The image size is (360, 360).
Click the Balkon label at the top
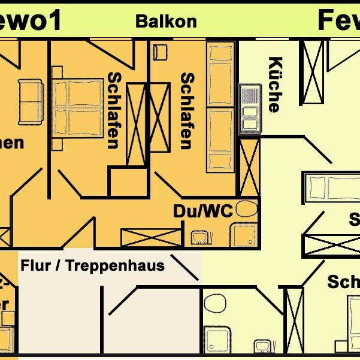point(166,21)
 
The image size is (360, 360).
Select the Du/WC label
point(202,211)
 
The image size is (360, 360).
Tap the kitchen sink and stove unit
point(249,109)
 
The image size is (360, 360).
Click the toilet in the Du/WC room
point(246,210)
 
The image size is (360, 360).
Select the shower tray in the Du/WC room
point(244,234)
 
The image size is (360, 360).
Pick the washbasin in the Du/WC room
point(199,238)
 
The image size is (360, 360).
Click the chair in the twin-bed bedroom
point(159,52)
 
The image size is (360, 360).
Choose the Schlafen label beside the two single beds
point(187,111)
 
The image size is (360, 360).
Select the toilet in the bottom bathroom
point(214,302)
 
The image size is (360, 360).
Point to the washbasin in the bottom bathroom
point(262,347)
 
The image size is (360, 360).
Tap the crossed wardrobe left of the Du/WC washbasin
point(151,238)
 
